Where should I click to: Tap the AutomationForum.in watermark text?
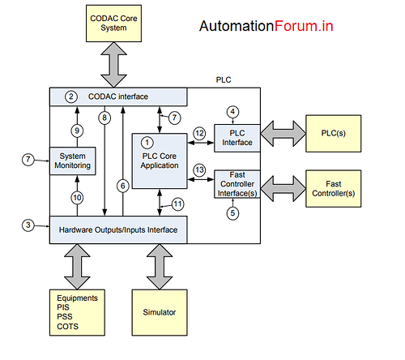click(x=266, y=26)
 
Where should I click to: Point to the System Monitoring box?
click(x=75, y=161)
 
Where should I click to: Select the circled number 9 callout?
click(x=77, y=130)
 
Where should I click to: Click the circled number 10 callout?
click(x=77, y=197)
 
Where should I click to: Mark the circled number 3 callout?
click(x=28, y=225)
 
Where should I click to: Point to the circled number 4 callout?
click(x=232, y=111)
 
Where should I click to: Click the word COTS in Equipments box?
click(x=68, y=327)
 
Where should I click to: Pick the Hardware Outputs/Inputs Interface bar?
click(x=119, y=229)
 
